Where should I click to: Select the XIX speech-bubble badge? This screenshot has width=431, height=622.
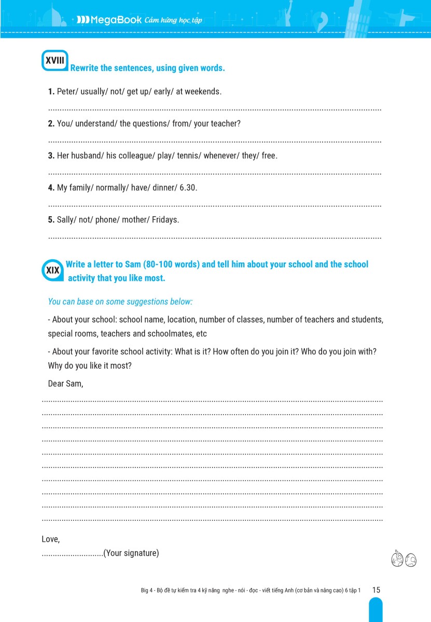tap(52, 270)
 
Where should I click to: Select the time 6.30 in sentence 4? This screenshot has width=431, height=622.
tap(188, 188)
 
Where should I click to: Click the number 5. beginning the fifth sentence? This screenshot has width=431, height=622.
tap(51, 220)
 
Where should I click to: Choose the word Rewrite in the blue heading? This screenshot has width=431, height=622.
tap(84, 68)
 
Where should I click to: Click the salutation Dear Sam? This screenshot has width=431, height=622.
tap(65, 384)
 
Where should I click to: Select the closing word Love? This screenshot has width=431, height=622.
tap(50, 540)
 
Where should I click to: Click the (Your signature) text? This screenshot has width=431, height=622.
tap(131, 553)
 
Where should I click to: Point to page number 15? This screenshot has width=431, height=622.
tap(376, 590)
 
